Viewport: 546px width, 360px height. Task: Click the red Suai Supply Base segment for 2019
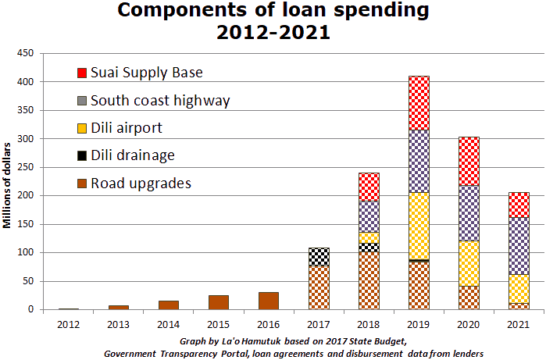tap(419, 102)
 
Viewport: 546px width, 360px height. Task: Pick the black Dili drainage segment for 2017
tap(319, 256)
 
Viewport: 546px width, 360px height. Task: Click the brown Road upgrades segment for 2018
tap(369, 280)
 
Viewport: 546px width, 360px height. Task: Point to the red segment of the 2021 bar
tap(519, 205)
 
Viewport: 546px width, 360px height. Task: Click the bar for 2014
tap(169, 305)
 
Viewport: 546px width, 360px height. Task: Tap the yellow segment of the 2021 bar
tap(519, 288)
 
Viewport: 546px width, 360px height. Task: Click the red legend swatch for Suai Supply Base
tap(82, 73)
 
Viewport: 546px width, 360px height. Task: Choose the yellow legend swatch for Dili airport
tap(82, 127)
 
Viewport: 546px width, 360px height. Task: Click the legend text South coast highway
tap(160, 101)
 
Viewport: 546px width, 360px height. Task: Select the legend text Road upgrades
tap(141, 184)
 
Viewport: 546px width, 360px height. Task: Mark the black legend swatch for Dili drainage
tap(82, 155)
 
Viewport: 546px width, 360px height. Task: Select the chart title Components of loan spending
tap(273, 11)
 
